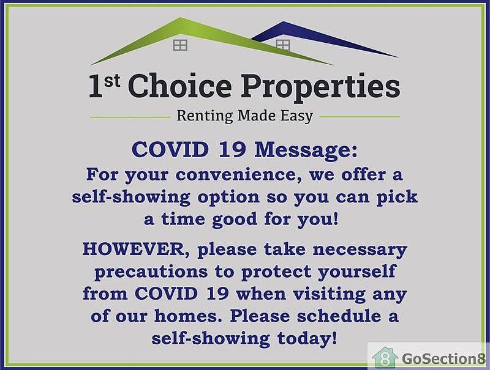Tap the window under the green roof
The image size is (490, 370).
180,45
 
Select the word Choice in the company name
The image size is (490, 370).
180,86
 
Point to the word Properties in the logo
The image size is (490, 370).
320,88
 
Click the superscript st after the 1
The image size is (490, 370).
112,81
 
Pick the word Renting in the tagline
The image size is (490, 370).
205,116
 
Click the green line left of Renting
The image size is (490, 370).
130,117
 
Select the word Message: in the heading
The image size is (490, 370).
306,150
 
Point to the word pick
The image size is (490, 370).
397,197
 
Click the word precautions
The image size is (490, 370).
151,272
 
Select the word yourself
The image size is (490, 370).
357,272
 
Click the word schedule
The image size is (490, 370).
339,316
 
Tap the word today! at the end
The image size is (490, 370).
307,339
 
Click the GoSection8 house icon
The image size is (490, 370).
385,358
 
